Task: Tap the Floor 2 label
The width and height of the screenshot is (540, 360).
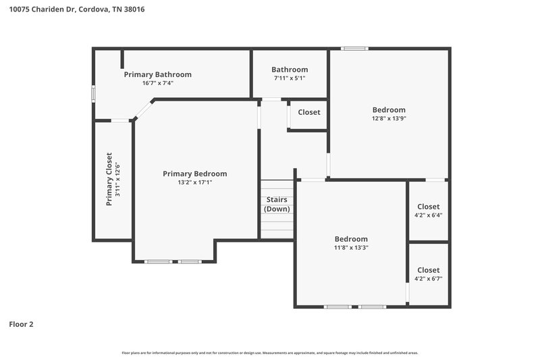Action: (x=21, y=324)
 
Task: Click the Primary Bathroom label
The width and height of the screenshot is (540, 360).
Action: (x=157, y=74)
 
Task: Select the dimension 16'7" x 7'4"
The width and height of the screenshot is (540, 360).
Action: (x=157, y=83)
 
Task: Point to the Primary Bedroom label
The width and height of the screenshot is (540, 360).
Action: (x=194, y=174)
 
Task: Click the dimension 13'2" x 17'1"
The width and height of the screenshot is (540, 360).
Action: (x=194, y=182)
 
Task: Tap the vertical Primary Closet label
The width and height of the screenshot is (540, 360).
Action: (x=109, y=179)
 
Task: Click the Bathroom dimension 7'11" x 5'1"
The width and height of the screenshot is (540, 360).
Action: (x=290, y=78)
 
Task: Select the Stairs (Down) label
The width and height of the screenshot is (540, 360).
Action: (x=277, y=204)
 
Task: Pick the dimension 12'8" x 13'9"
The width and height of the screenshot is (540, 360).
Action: (x=389, y=118)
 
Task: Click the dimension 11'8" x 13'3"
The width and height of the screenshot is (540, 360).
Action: (x=351, y=247)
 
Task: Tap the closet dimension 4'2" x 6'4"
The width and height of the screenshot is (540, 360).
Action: (x=428, y=215)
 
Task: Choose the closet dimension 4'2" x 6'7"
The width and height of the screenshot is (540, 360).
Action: (x=428, y=278)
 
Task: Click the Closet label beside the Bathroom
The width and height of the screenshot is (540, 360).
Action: (x=309, y=112)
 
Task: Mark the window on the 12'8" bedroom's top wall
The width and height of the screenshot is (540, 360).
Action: (x=354, y=49)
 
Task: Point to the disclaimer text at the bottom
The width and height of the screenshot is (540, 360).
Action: (x=270, y=353)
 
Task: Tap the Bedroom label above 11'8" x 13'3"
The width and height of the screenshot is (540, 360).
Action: (x=351, y=238)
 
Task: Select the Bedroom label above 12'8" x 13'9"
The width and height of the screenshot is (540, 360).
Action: (x=389, y=109)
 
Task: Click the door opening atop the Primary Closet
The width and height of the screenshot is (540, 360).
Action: (x=120, y=121)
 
